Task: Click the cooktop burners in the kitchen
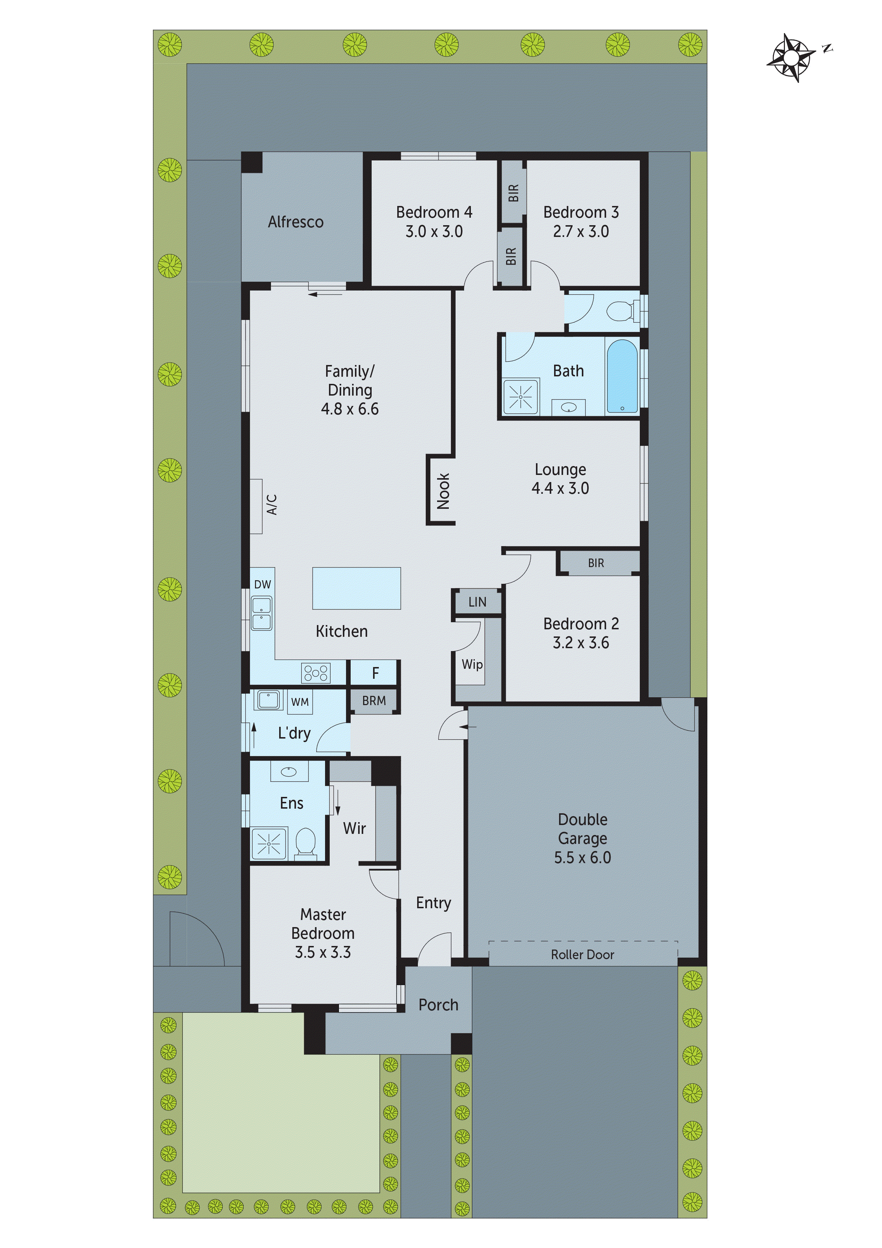tap(316, 673)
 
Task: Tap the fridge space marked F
tap(375, 673)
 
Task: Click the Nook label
tap(443, 491)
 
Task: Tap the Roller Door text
tap(583, 954)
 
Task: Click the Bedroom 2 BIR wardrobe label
tap(596, 563)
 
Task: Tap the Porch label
tap(438, 1005)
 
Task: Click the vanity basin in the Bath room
tap(568, 407)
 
